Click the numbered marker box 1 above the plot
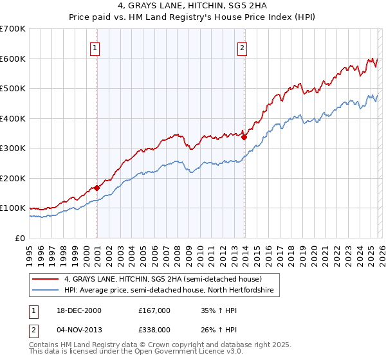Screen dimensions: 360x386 [x=95, y=47]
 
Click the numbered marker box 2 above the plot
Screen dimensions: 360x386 [x=243, y=47]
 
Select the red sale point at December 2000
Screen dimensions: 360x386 [x=97, y=188]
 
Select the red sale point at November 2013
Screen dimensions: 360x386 [x=244, y=136]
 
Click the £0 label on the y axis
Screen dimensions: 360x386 [x=21, y=239]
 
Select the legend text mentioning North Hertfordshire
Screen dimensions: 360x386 [x=169, y=291]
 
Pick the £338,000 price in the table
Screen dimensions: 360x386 [x=154, y=331]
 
